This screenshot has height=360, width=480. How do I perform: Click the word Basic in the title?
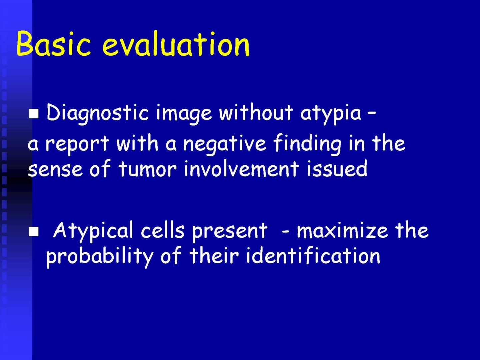pos(53,43)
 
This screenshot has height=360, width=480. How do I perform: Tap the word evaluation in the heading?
pos(176,43)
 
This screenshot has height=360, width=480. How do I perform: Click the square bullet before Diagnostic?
pos(34,114)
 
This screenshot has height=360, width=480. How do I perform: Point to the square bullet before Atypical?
pos(34,232)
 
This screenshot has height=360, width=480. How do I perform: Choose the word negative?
pos(224,144)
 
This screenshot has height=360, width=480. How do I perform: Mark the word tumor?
pos(147,168)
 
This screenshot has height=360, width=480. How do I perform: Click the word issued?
pos(337,168)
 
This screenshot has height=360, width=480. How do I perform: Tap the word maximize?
pos(342,231)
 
